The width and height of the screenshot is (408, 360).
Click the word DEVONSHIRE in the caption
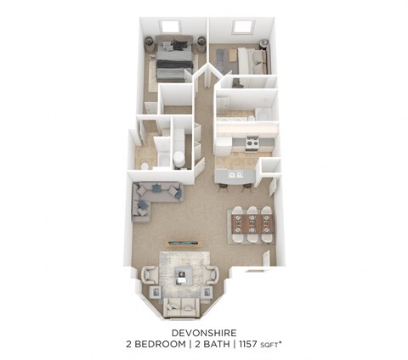coord(203,332)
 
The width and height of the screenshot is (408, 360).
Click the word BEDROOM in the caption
coord(171,345)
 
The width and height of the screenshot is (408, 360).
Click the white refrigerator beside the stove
coord(223,145)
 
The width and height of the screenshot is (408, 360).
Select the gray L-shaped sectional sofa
coord(153,198)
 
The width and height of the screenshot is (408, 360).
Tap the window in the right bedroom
coord(242,28)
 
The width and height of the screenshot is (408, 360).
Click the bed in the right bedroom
coord(252,59)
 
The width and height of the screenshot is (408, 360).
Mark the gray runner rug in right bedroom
coord(224,59)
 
